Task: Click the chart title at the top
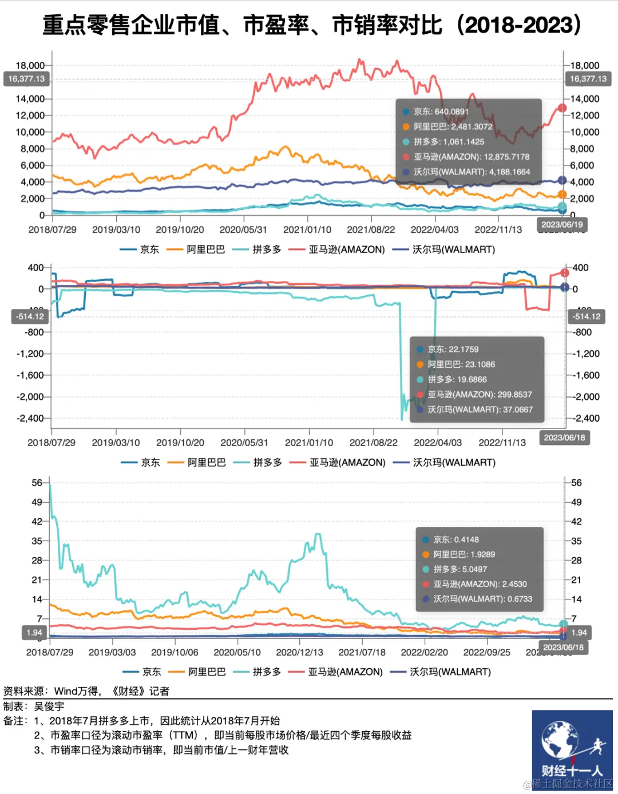click(312, 25)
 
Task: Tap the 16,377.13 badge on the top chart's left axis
click(26, 79)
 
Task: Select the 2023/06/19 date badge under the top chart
click(562, 225)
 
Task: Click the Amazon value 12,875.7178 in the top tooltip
click(506, 157)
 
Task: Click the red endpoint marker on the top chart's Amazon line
click(562, 108)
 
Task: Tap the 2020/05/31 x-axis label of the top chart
click(243, 229)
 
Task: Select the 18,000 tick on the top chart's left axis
click(30, 65)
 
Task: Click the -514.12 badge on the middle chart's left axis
click(30, 316)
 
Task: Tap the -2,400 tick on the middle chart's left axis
click(30, 418)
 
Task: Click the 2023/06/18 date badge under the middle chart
click(564, 438)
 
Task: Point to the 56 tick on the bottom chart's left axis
click(37, 483)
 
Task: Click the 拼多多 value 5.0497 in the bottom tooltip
click(470, 569)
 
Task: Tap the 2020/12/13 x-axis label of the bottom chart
click(299, 652)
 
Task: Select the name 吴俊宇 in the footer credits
click(49, 706)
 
